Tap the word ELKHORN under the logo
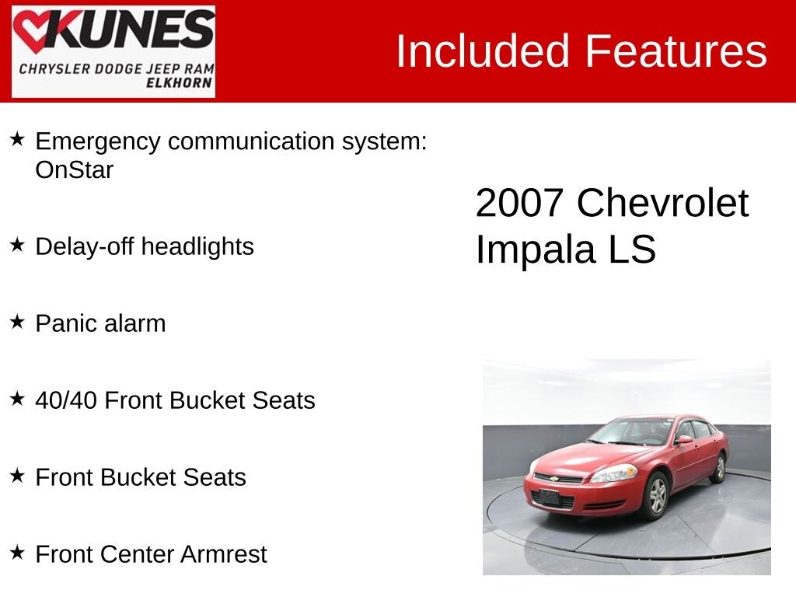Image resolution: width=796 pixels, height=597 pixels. (x=181, y=82)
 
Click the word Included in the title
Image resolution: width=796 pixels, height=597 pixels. (x=484, y=51)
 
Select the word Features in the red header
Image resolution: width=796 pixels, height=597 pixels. (x=676, y=51)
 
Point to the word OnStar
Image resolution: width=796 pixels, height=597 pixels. (x=75, y=170)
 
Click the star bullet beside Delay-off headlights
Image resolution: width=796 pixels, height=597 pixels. (x=17, y=245)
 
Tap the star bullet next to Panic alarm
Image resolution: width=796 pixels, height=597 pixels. (x=17, y=322)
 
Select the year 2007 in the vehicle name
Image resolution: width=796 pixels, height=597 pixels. (x=519, y=204)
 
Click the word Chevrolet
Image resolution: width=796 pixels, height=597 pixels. (x=662, y=204)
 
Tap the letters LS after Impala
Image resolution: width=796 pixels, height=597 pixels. (x=633, y=250)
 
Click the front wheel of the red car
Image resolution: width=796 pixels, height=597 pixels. (x=655, y=495)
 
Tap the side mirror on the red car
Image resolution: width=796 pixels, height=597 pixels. (x=684, y=440)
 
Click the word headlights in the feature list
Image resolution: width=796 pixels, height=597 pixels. (x=197, y=246)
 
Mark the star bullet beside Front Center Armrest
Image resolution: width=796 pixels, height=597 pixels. (x=17, y=553)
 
